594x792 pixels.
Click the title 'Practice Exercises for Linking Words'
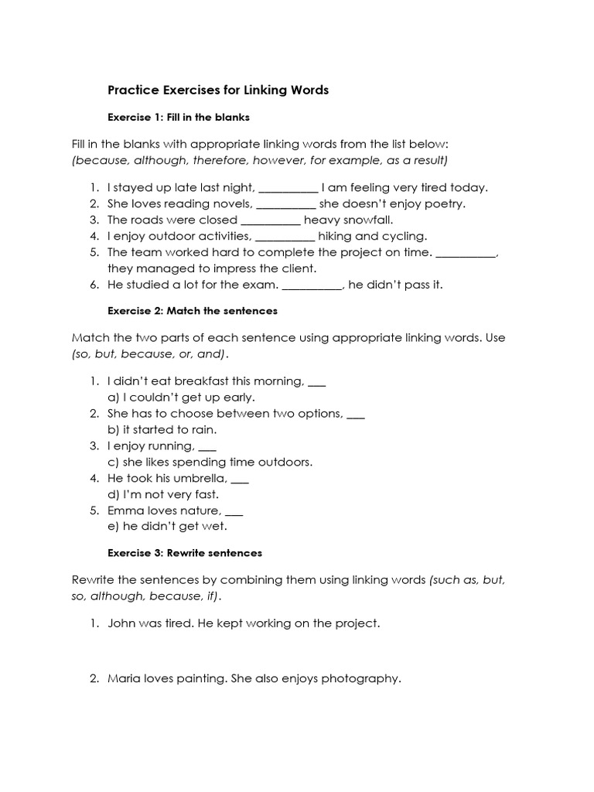(x=218, y=90)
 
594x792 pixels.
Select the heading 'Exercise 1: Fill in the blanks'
(x=178, y=118)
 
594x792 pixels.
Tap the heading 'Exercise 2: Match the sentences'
(x=192, y=311)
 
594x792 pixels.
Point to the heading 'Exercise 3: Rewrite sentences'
(x=185, y=553)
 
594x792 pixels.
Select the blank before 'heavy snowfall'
(x=271, y=220)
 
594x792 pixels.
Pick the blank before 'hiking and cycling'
(x=285, y=237)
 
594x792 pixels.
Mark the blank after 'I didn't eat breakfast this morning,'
(x=317, y=381)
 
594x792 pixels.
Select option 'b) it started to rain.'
(x=162, y=430)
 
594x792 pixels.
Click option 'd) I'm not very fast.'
(x=163, y=494)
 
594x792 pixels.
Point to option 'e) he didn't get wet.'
(x=167, y=527)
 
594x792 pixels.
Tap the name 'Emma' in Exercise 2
(x=124, y=510)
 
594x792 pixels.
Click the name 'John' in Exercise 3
(x=122, y=623)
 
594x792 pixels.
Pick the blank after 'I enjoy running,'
(x=207, y=446)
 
